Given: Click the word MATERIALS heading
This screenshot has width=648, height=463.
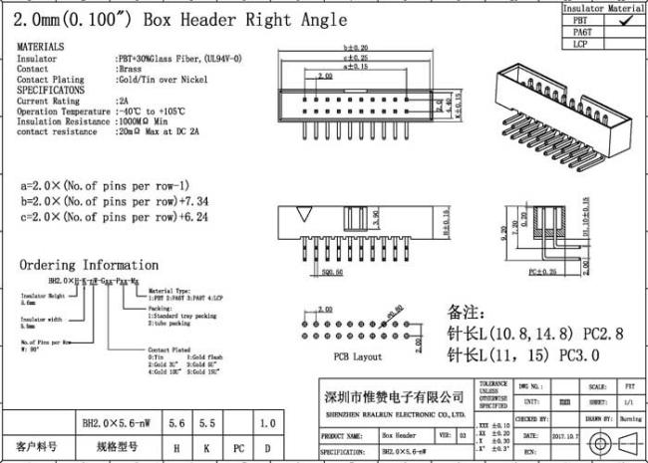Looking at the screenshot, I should point(42,47).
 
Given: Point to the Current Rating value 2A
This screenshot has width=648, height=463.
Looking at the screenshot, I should point(123,101).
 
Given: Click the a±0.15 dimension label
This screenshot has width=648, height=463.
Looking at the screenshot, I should point(356,67).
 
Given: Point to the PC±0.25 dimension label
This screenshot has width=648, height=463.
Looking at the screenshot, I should point(543,272).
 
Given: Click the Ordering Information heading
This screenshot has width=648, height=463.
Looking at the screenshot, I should point(90,265).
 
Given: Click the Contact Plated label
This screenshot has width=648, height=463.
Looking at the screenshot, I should point(165,350).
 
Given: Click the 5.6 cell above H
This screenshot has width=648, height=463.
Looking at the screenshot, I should point(178,423).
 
